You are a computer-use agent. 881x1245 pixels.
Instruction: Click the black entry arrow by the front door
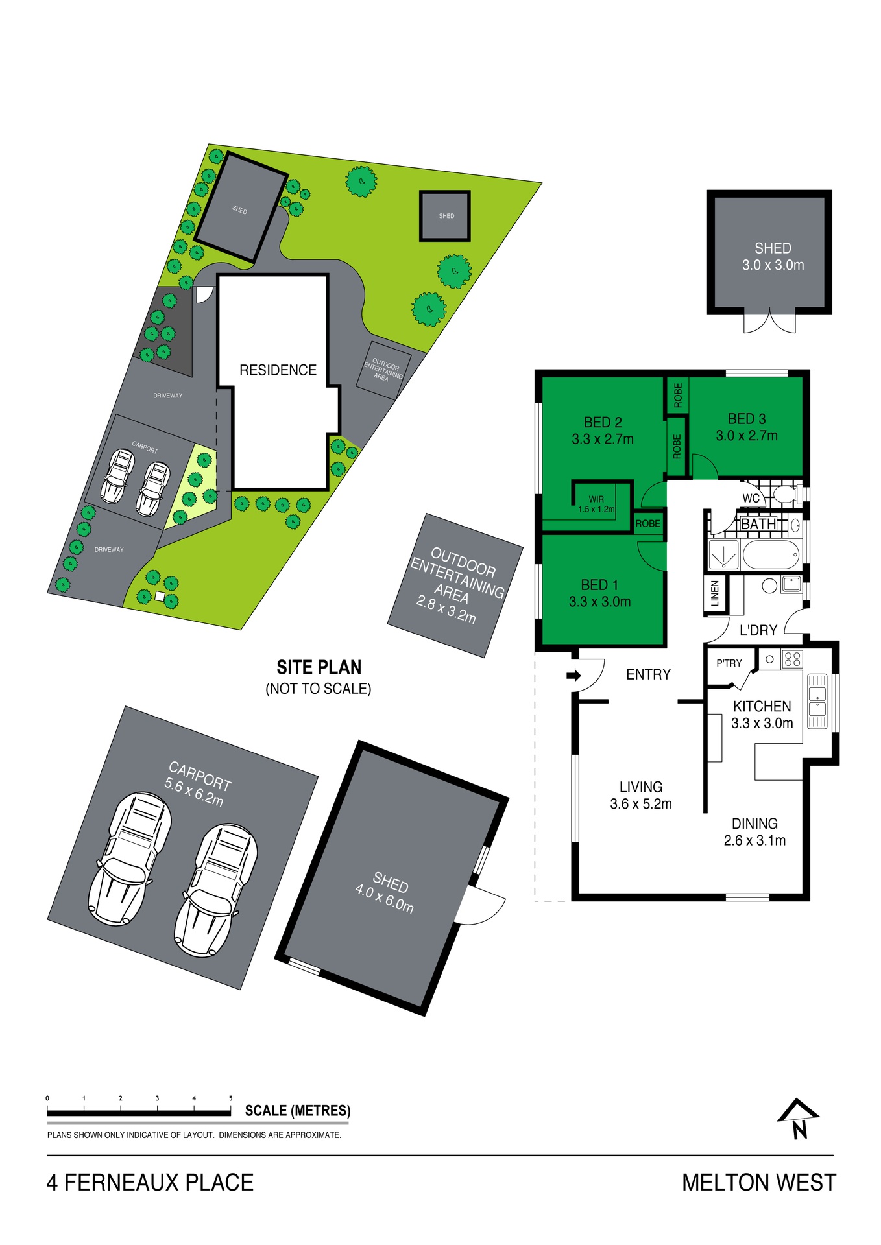573,676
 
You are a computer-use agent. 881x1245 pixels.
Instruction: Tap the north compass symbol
799,1118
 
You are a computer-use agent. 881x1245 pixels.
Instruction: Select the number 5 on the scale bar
231,1098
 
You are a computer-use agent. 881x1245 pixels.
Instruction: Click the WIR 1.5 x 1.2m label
596,504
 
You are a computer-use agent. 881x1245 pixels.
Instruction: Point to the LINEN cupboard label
715,593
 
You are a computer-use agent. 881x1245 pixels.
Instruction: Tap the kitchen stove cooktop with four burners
792,659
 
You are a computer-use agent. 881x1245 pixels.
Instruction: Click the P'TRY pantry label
729,663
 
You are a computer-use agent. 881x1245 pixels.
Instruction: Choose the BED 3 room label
747,419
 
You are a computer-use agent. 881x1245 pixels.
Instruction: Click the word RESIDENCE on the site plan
278,370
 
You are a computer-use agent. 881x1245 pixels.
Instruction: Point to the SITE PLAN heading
319,667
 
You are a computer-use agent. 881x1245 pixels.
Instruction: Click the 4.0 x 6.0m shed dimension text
384,898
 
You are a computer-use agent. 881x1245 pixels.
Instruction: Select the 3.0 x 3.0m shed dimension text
773,265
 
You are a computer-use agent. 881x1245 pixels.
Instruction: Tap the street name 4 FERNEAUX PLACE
150,1183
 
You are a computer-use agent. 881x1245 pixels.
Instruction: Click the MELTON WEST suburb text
759,1183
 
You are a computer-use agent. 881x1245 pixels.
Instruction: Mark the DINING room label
754,824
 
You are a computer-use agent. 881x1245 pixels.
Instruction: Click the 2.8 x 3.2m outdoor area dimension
446,610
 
